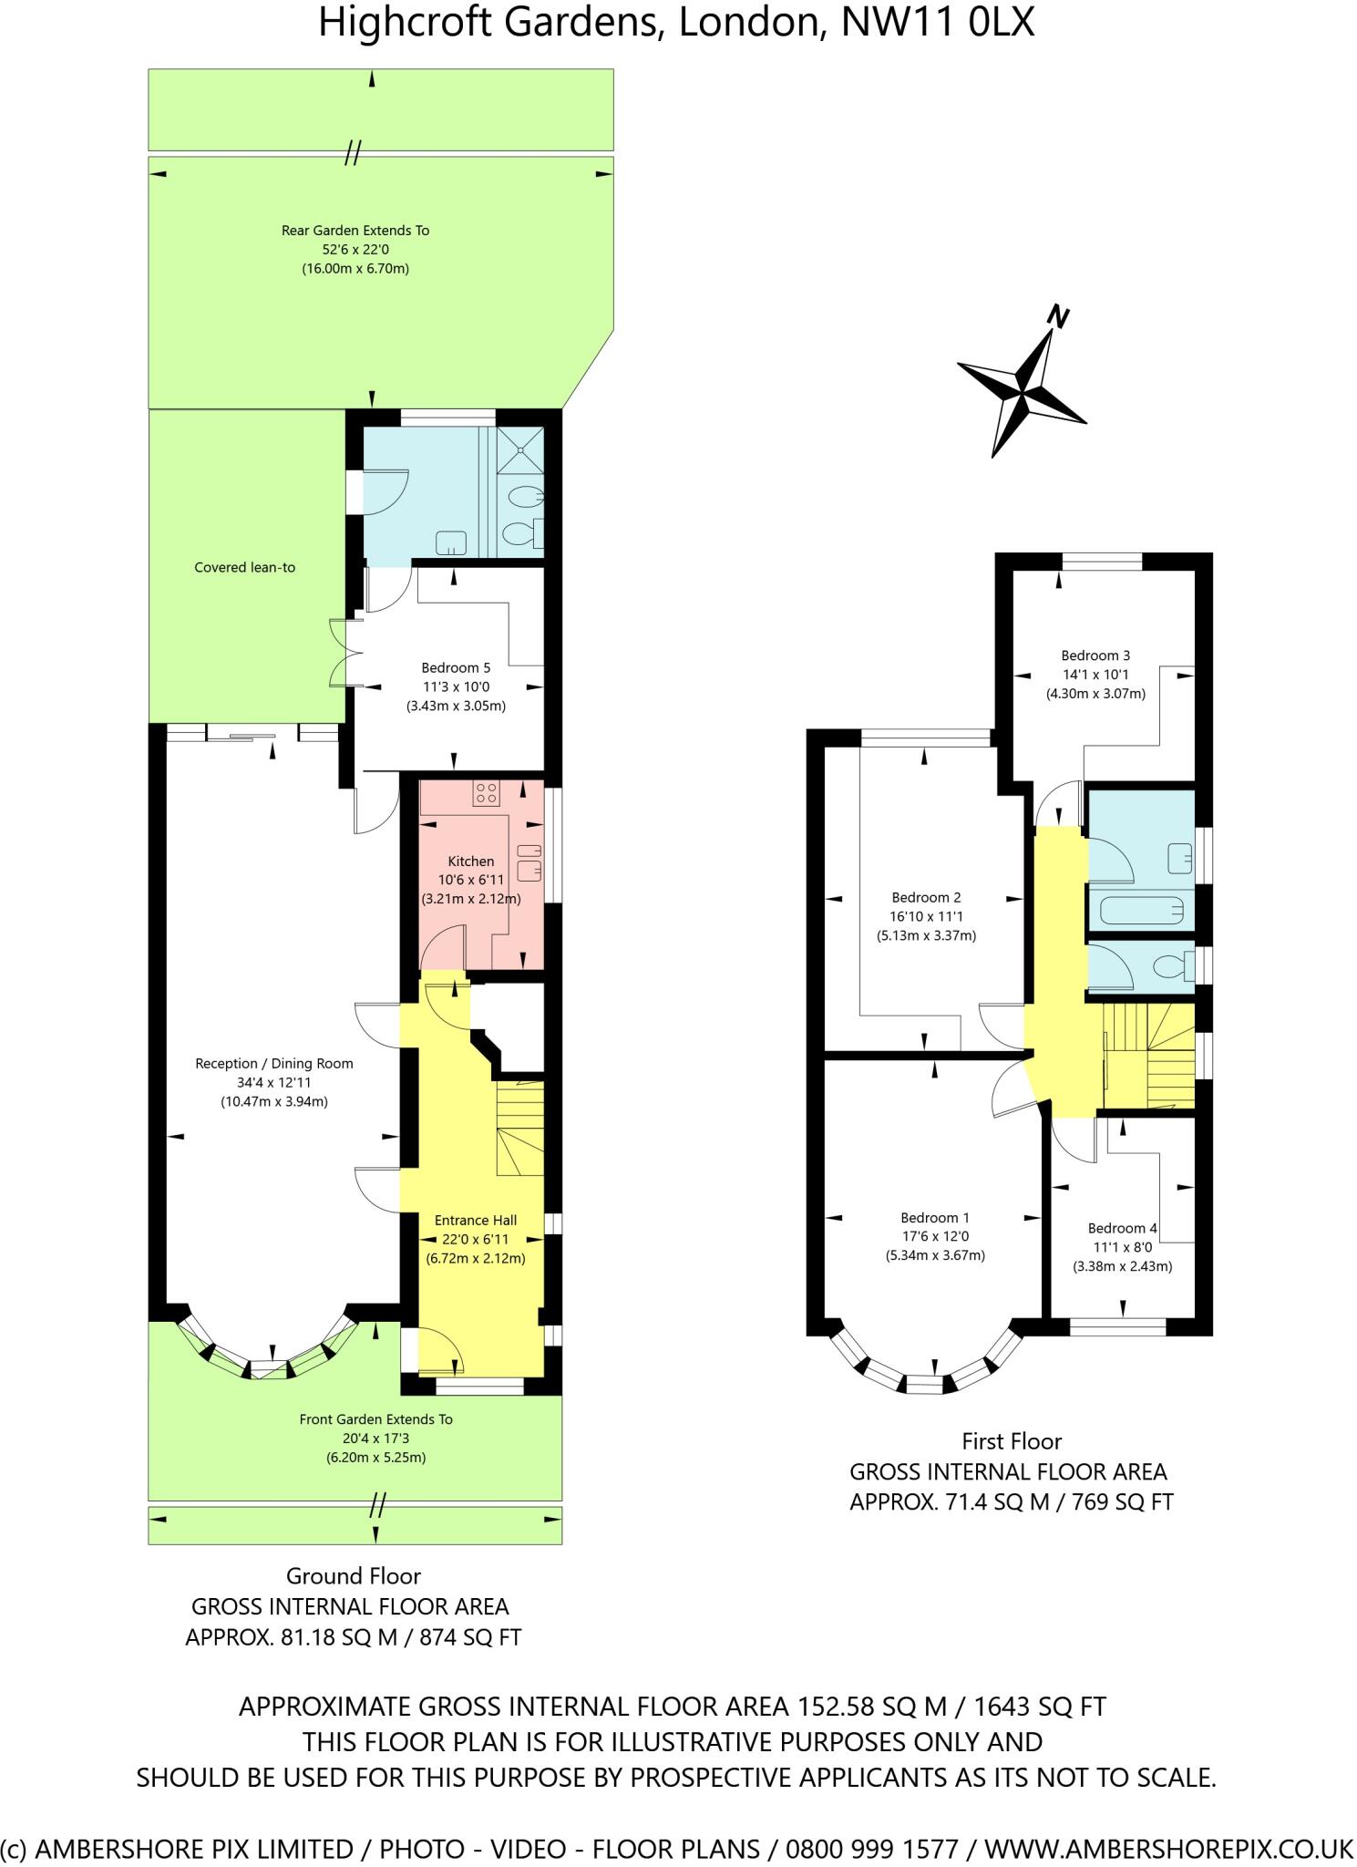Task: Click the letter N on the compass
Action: [1057, 316]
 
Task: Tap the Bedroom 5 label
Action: [456, 667]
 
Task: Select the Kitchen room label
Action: [471, 861]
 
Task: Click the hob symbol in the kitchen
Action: [486, 793]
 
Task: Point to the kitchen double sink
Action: [529, 862]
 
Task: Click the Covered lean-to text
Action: [245, 567]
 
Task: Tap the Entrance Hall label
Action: [476, 1220]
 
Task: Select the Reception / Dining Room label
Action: [274, 1063]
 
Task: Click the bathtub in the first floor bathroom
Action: [1142, 910]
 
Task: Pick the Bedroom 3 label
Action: [1095, 655]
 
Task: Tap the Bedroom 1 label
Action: [935, 1217]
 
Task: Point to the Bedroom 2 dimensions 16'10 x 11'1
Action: [927, 916]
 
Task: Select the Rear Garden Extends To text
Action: [355, 231]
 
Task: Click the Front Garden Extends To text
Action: [376, 1419]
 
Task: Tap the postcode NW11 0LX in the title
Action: [938, 23]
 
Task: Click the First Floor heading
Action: [1012, 1441]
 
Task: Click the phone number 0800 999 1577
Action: [872, 1850]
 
